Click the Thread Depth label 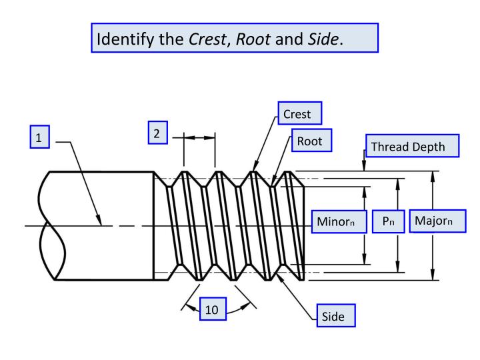(x=413, y=146)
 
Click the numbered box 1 (x=39, y=138)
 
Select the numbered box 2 (x=157, y=133)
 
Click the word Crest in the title (x=201, y=39)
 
